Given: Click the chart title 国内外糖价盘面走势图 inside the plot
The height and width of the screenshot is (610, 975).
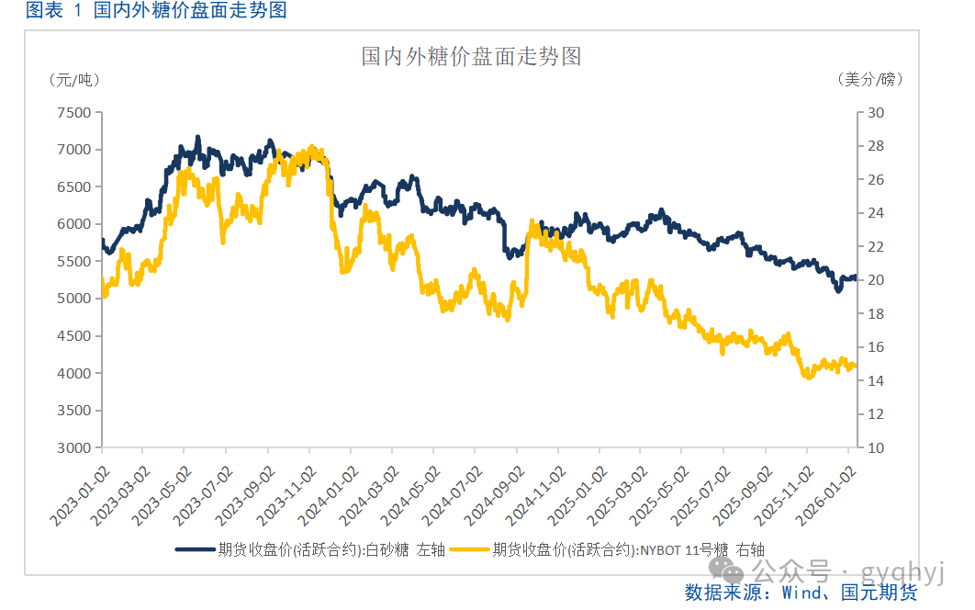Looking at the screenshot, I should pos(471,57).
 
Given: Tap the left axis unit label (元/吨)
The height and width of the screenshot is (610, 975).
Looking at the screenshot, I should pos(74,80).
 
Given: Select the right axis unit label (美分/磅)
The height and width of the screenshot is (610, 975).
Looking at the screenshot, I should pos(870,80).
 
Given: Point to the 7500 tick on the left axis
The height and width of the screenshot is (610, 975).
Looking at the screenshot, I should pos(74,113).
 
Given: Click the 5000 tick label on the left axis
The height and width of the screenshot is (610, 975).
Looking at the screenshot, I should pos(74,299).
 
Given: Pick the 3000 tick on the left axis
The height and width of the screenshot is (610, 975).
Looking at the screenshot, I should pos(74,448).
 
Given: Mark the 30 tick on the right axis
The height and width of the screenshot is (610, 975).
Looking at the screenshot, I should pos(875,113).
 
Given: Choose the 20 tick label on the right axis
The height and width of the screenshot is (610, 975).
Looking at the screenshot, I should pos(875,280).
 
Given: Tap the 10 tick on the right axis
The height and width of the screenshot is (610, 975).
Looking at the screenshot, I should pos(875,448).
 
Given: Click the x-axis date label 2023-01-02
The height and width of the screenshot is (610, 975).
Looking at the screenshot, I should pos(78,496).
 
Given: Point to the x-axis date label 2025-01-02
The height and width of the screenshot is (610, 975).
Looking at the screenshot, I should pos(577,496).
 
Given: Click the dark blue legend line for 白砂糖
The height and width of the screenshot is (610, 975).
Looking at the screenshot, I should pos(194,550).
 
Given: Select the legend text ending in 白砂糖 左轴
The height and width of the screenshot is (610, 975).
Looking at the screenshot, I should pos(331,550).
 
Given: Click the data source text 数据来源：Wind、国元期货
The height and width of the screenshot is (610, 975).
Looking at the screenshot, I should pos(801,593).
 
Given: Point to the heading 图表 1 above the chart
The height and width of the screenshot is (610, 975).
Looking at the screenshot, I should pos(54,10).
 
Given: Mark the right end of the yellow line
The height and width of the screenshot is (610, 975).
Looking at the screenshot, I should pos(856,367).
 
